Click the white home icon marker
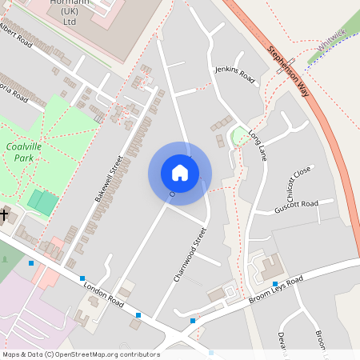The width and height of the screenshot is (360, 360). [x=180, y=172]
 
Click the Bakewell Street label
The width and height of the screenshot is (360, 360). [x=106, y=178]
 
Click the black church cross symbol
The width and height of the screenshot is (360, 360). [x=4, y=214]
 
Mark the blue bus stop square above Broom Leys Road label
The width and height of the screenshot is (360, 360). [x=274, y=284]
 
